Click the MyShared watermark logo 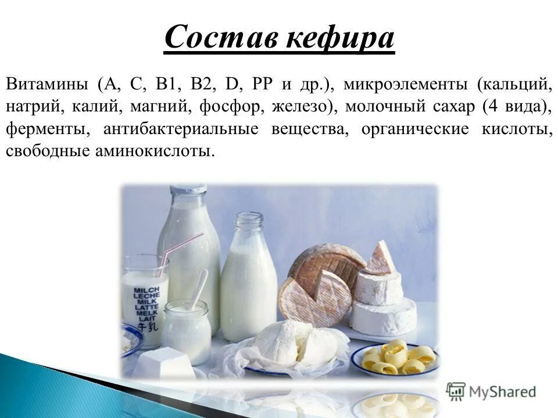point(491,391)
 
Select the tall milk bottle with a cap point(189,244)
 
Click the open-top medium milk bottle point(248,279)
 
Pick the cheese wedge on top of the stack point(381,260)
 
